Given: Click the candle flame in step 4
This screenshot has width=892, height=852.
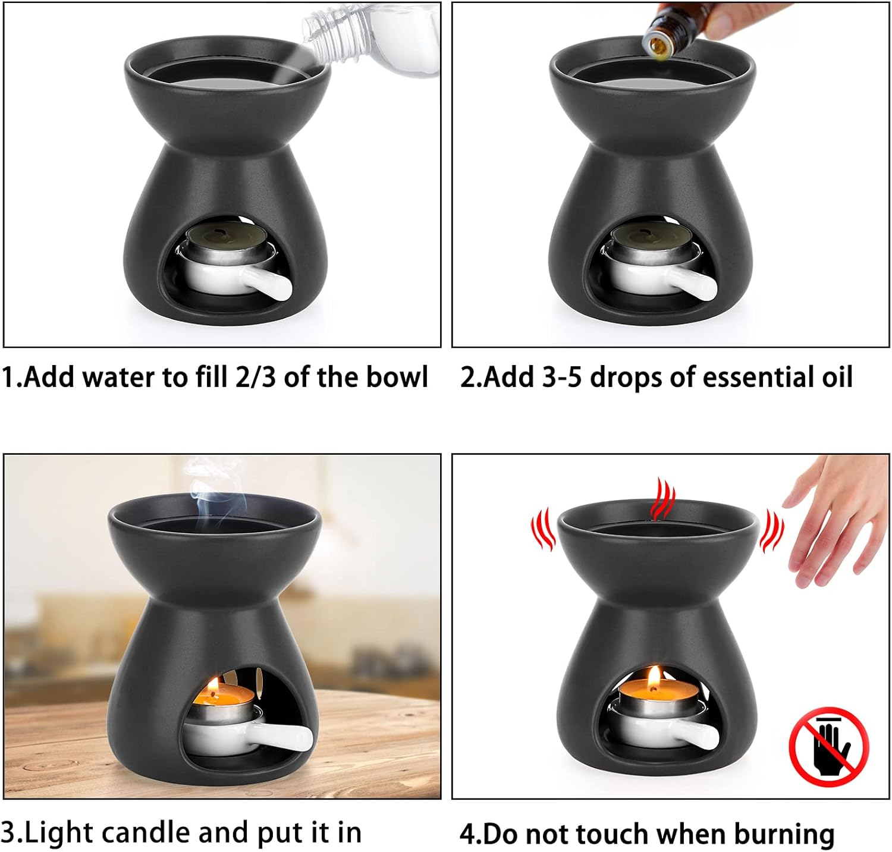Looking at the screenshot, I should point(654,676).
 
